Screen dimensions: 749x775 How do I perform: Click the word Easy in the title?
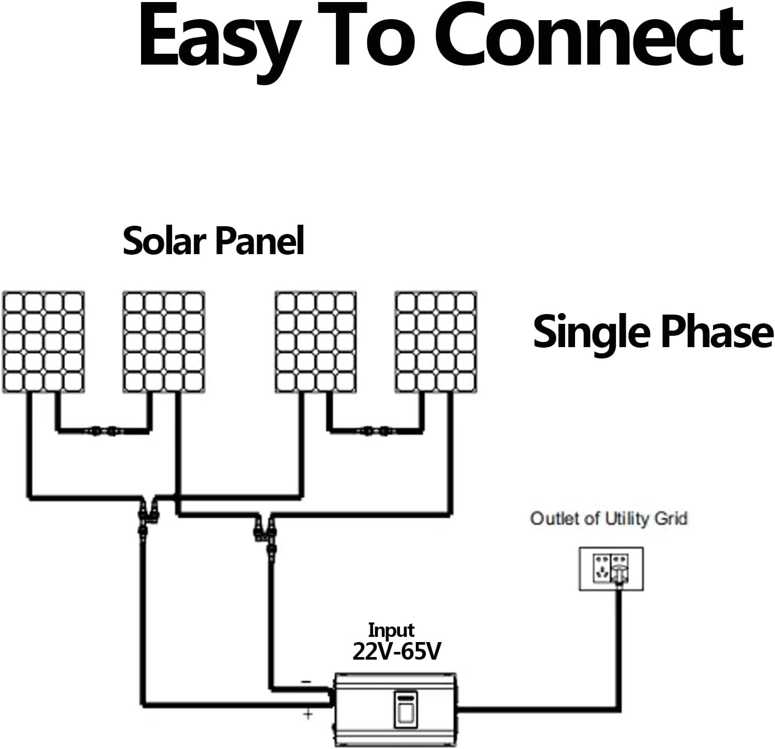point(217,39)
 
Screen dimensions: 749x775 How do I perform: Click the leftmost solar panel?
point(43,342)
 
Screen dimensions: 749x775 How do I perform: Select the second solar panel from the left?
point(164,342)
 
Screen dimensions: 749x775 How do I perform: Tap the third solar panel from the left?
point(316,342)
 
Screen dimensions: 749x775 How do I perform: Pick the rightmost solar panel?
point(436,342)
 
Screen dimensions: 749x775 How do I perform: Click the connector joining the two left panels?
point(103,429)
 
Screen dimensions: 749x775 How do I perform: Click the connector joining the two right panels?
point(376,429)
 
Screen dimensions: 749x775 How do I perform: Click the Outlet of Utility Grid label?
point(609,518)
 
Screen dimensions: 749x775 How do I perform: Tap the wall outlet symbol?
point(611,569)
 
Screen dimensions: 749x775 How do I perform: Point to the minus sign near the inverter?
point(306,682)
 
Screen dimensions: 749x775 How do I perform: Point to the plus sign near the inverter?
point(308,715)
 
